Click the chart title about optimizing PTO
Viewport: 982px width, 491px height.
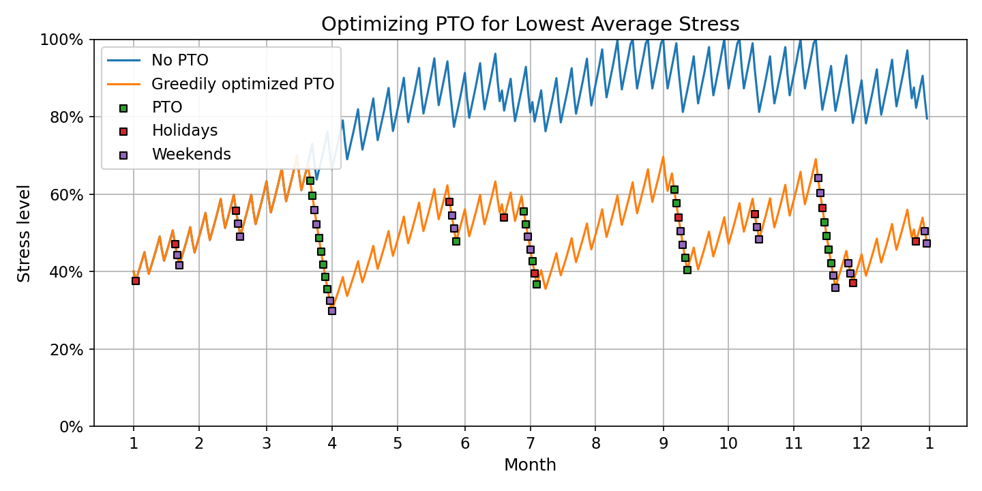pos(530,25)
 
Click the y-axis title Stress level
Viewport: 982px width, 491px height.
pos(25,233)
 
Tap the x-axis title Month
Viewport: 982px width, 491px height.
pos(530,465)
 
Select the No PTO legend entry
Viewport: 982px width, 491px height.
pos(181,60)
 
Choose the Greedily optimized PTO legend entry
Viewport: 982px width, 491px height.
pos(242,84)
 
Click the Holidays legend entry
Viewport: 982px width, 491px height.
pos(184,131)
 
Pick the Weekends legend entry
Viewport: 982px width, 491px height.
pos(191,154)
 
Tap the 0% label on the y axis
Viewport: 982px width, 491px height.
pos(72,427)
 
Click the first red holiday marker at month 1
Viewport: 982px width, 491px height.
pos(136,280)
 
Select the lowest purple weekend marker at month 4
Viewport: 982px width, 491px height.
pos(332,311)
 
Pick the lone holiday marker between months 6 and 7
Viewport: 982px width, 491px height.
pos(504,218)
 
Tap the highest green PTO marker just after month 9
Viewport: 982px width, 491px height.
pos(674,190)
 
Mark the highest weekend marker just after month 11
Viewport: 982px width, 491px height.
pos(818,178)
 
